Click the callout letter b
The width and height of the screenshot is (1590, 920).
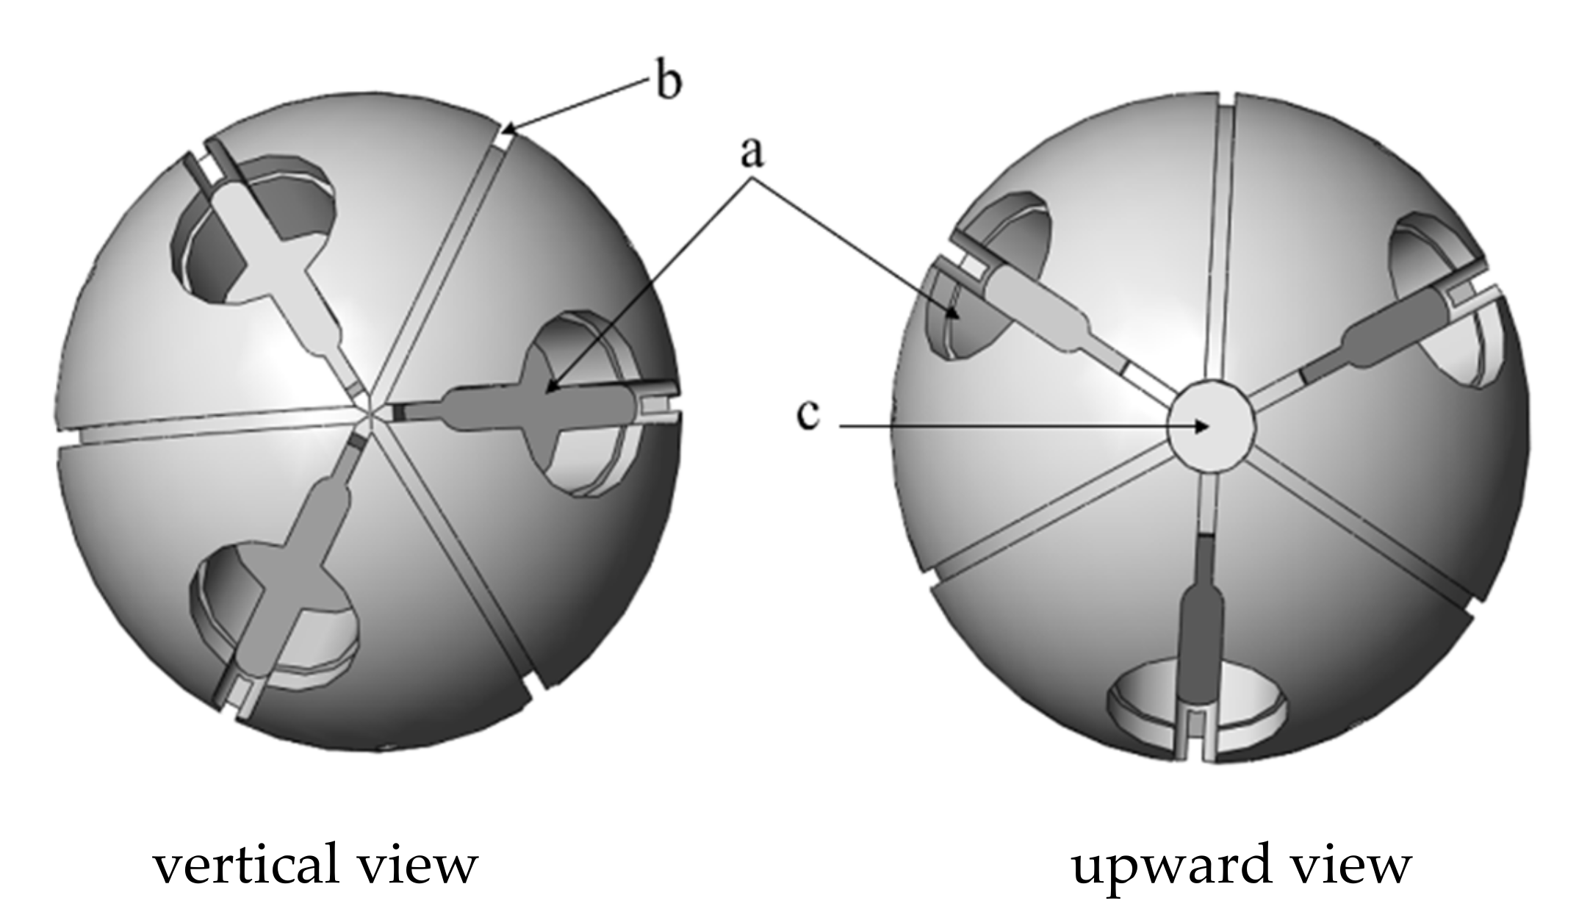[668, 83]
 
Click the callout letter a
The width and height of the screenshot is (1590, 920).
[751, 152]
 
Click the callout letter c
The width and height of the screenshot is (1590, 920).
[807, 415]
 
